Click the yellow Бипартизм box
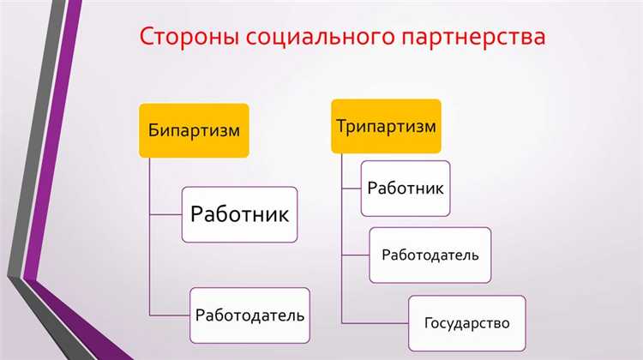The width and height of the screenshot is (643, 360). [x=193, y=131]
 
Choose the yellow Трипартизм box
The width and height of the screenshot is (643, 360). [x=386, y=126]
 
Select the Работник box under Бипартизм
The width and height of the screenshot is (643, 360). [x=240, y=213]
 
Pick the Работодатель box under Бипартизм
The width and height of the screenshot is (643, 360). [x=249, y=315]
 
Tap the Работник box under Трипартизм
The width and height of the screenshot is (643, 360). [x=405, y=188]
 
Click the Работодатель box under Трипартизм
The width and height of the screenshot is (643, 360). [x=430, y=255]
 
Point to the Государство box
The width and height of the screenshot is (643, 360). [x=466, y=323]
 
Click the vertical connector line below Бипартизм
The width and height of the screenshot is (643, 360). [x=150, y=240]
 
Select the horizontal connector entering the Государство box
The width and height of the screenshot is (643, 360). [x=375, y=323]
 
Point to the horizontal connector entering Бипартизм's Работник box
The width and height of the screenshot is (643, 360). [x=166, y=213]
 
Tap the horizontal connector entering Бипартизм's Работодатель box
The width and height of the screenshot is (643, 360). [x=170, y=315]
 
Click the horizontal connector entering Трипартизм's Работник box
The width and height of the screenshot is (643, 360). [x=352, y=188]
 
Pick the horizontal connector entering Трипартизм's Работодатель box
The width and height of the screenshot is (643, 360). [x=356, y=255]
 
